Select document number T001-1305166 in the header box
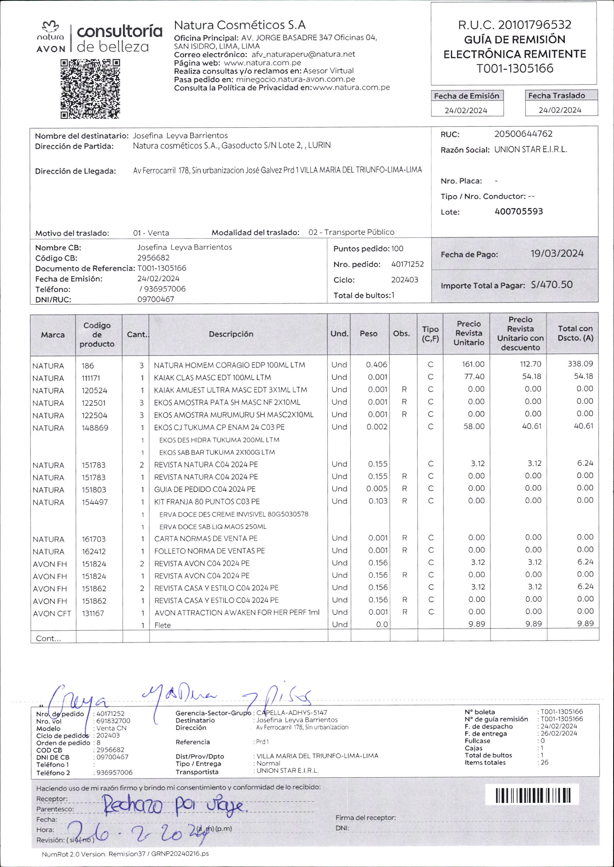(x=515, y=68)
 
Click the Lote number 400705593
(x=519, y=211)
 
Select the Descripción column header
(x=231, y=334)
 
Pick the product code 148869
(x=95, y=428)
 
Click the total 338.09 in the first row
(x=580, y=364)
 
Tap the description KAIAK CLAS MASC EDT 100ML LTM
(x=212, y=377)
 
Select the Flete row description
(x=163, y=625)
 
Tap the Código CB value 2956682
(x=153, y=258)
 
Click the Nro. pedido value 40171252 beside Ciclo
(x=407, y=264)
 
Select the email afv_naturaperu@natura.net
(x=303, y=54)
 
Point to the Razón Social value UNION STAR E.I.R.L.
(x=530, y=149)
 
